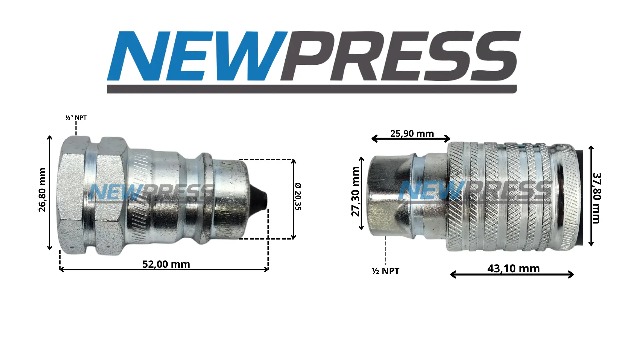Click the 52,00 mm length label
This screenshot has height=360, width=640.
[x=166, y=264]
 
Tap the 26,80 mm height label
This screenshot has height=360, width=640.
[x=42, y=190]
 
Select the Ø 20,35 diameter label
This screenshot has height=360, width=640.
[x=298, y=196]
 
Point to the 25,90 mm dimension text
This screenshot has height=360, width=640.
[x=412, y=133]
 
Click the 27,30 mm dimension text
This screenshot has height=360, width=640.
[x=356, y=191]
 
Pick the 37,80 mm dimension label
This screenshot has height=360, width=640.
[x=596, y=198]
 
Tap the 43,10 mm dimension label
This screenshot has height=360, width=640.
[x=513, y=268]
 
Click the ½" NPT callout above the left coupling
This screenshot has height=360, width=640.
[x=76, y=118]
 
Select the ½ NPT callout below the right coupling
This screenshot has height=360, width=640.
[x=385, y=271]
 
